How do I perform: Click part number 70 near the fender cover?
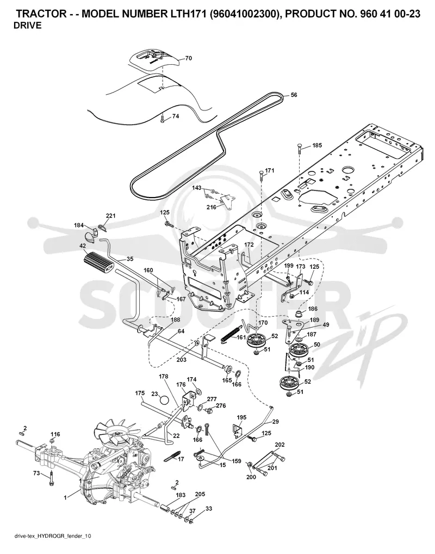[189, 58]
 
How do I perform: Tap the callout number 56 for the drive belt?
[294, 95]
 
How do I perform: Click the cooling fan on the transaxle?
[114, 432]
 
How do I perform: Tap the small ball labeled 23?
[165, 401]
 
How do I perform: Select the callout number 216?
[212, 207]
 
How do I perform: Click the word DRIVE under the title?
[27, 26]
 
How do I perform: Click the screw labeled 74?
[162, 119]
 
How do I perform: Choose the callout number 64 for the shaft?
[181, 331]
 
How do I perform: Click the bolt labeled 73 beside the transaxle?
[52, 478]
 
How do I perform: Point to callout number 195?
[241, 417]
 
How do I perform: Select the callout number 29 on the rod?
[276, 422]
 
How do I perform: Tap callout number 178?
[164, 377]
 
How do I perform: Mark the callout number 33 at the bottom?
[209, 508]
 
